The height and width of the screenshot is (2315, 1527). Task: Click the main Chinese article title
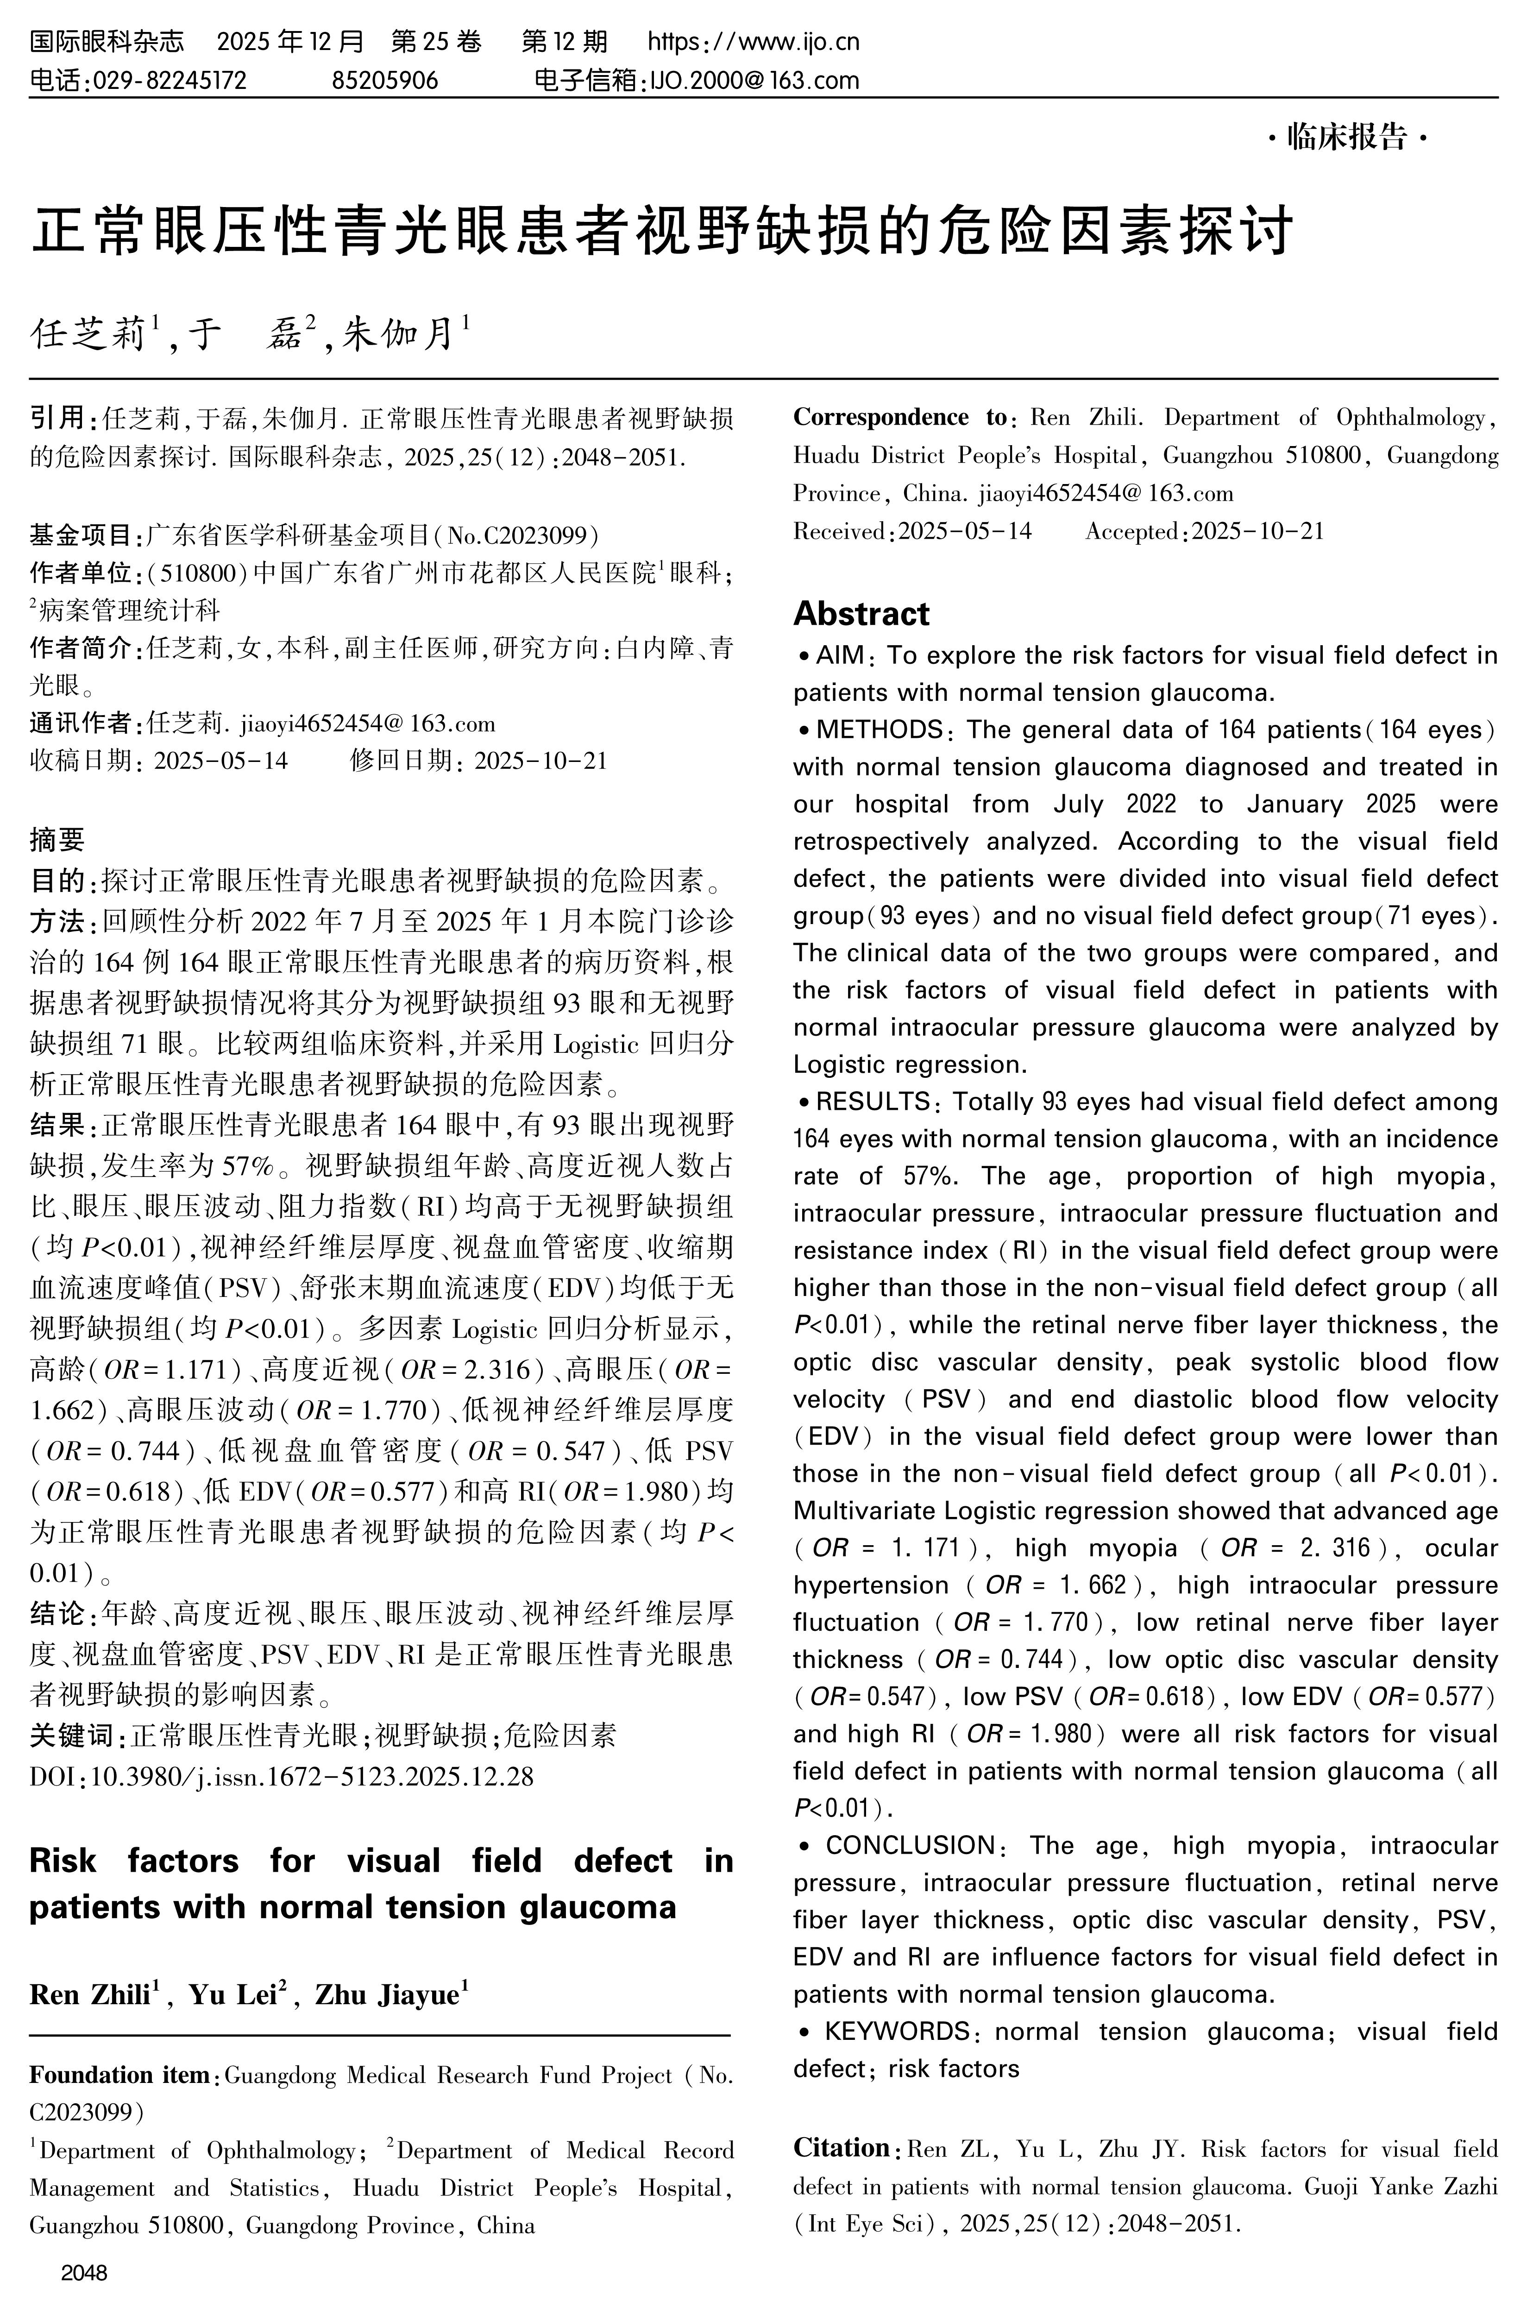coord(662,231)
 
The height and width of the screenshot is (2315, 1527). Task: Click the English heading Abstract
coord(861,614)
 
